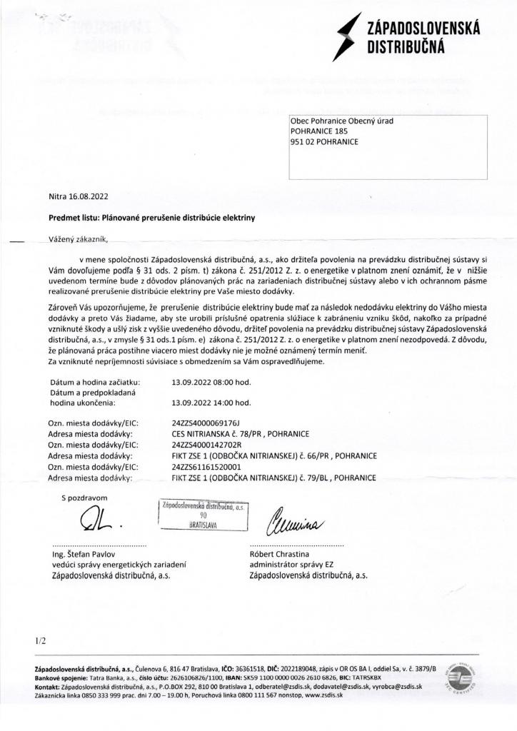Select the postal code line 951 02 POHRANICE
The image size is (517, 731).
pyautogui.click(x=324, y=141)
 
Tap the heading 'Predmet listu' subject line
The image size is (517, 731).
pyautogui.click(x=151, y=216)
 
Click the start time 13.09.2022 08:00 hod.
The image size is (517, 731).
pyautogui.click(x=211, y=383)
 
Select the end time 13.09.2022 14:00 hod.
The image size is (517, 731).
pyautogui.click(x=211, y=402)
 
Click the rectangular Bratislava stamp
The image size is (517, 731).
pyautogui.click(x=203, y=514)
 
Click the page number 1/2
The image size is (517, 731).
pyautogui.click(x=39, y=640)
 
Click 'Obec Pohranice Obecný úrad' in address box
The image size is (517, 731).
pyautogui.click(x=342, y=121)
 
